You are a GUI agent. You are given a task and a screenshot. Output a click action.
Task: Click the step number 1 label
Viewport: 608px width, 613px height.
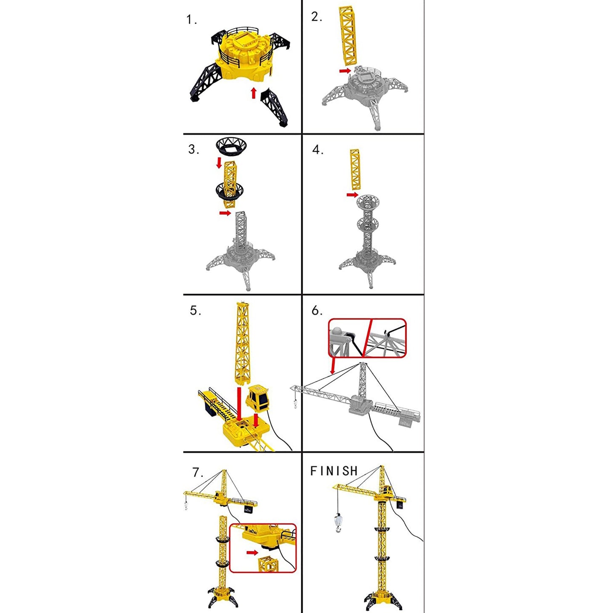(x=191, y=20)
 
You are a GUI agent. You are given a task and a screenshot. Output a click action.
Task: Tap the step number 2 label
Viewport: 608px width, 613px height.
(x=316, y=17)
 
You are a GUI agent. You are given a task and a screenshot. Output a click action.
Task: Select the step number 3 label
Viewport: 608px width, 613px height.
(x=193, y=149)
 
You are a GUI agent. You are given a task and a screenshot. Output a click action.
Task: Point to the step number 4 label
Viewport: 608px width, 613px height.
(x=318, y=150)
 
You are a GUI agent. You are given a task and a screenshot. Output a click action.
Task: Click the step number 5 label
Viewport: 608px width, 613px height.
(x=195, y=311)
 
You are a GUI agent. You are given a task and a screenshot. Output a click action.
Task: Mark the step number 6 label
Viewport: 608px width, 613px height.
(x=316, y=311)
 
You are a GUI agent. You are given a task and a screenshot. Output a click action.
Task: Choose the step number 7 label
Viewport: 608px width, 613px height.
(x=197, y=472)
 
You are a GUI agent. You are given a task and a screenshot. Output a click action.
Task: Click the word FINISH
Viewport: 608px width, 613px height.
(x=334, y=471)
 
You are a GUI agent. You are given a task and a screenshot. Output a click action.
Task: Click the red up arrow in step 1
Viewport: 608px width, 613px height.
(x=253, y=93)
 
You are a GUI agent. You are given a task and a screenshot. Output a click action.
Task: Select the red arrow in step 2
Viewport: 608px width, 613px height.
(x=345, y=71)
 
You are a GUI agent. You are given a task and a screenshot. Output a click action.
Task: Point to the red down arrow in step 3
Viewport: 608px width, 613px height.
(x=219, y=163)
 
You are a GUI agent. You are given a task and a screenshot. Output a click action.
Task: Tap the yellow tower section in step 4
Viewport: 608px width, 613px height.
(x=355, y=169)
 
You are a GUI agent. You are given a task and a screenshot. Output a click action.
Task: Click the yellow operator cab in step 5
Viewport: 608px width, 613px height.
(x=258, y=398)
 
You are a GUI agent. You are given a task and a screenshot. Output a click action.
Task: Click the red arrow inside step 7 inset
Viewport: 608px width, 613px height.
(x=252, y=552)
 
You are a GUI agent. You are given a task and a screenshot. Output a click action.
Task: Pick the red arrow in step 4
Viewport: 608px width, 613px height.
(x=352, y=195)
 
